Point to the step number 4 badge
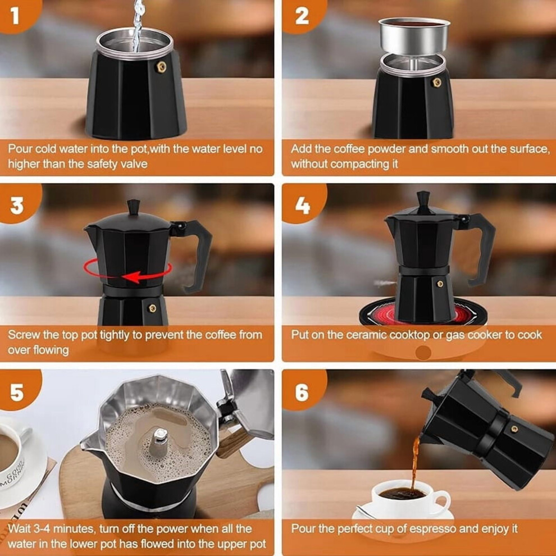(x=303, y=204)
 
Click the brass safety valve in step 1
(x=161, y=67)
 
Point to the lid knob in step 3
(x=133, y=207)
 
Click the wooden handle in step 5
(x=230, y=443)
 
